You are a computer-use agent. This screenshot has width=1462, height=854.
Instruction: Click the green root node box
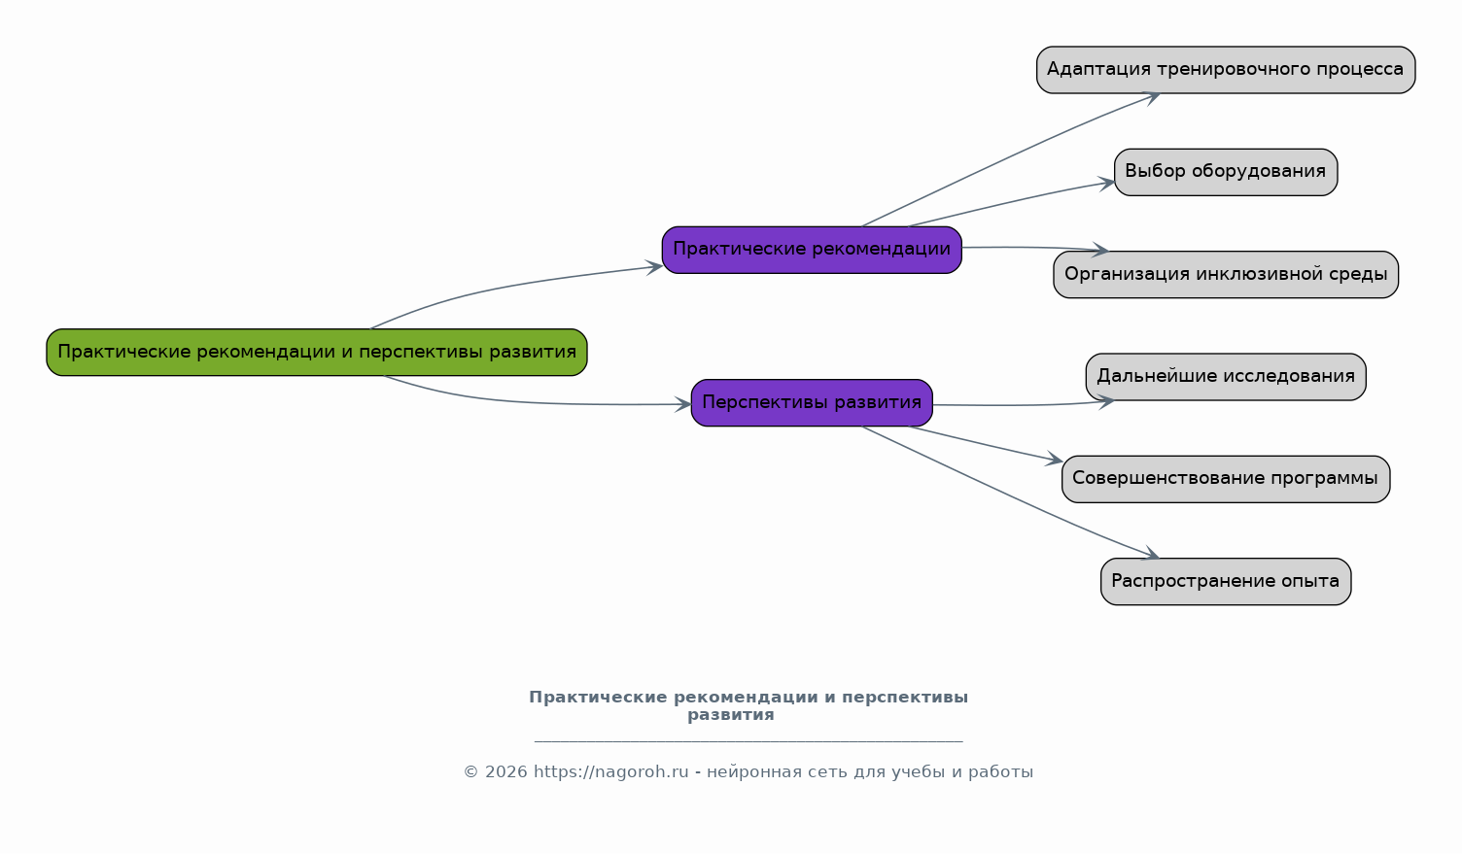click(x=317, y=352)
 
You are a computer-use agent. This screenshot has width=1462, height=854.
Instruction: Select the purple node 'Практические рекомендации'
click(x=812, y=250)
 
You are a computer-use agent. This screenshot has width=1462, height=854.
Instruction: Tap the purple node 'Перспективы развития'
click(x=812, y=402)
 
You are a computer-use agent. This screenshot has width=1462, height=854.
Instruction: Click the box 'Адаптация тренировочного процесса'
click(x=1226, y=70)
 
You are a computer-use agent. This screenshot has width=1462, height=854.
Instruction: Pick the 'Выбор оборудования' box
click(x=1226, y=172)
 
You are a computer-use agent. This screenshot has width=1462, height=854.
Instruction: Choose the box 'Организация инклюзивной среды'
click(x=1226, y=274)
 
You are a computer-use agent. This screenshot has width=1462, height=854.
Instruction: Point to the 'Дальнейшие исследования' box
click(x=1226, y=377)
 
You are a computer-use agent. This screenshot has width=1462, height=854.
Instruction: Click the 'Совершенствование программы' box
click(x=1226, y=479)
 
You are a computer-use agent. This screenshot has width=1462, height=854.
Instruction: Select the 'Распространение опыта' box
click(x=1226, y=581)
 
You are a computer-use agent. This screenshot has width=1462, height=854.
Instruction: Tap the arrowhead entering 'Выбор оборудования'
click(x=1108, y=182)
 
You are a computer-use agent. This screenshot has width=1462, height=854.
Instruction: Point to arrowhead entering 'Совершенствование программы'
click(x=1056, y=461)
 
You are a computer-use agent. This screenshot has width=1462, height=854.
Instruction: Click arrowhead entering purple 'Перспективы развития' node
click(x=684, y=404)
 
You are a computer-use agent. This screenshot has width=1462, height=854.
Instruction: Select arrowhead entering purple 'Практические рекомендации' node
click(x=655, y=266)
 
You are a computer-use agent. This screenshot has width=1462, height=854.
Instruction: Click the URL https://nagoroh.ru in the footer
click(x=610, y=772)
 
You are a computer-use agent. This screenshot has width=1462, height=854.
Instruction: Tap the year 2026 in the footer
click(x=506, y=772)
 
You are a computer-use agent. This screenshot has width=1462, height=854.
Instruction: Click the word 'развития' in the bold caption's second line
click(x=731, y=715)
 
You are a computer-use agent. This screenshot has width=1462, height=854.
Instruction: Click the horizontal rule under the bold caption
click(x=748, y=741)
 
